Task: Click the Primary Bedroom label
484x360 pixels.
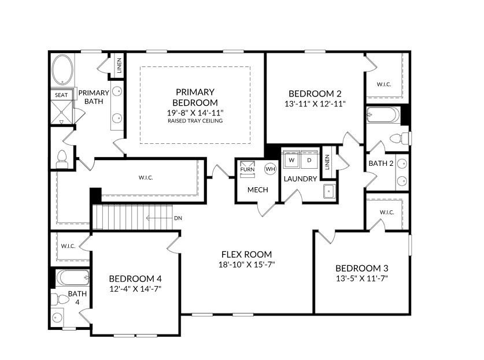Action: (195, 97)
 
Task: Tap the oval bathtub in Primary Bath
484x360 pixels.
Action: (62, 70)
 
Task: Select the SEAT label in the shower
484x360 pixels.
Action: (61, 95)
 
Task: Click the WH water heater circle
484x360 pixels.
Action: (270, 169)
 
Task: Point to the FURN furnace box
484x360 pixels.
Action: (247, 169)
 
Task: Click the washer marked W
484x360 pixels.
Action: (291, 159)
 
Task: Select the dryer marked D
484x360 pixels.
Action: (309, 159)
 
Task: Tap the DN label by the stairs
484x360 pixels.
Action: (179, 218)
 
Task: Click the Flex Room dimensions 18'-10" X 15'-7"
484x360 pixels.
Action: (246, 265)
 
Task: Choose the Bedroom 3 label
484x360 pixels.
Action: (361, 268)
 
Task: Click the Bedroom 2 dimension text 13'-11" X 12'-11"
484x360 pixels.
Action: (315, 104)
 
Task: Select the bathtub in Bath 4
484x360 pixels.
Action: (73, 278)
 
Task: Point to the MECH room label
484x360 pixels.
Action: (257, 190)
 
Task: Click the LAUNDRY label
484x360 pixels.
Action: (300, 179)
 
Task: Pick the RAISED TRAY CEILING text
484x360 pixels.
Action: (195, 121)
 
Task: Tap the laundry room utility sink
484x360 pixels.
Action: (330, 191)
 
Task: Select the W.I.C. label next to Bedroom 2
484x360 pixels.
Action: (384, 84)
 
